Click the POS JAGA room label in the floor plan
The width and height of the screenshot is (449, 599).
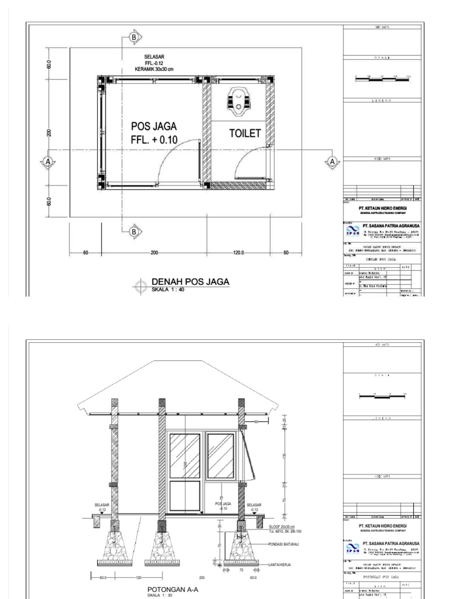pyautogui.click(x=154, y=126)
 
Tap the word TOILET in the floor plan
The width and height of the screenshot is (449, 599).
pyautogui.click(x=244, y=133)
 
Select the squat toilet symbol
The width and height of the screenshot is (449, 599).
pyautogui.click(x=238, y=101)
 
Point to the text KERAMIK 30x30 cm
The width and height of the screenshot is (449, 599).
pyautogui.click(x=154, y=69)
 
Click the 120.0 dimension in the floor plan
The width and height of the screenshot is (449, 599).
pyautogui.click(x=239, y=253)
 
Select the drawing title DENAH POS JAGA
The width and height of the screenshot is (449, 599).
pyautogui.click(x=190, y=282)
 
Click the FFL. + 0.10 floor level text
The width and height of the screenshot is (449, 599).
pyautogui.click(x=154, y=139)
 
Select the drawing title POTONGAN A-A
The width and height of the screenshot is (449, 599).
pyautogui.click(x=172, y=590)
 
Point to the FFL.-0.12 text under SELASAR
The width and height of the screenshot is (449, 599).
pyautogui.click(x=154, y=63)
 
